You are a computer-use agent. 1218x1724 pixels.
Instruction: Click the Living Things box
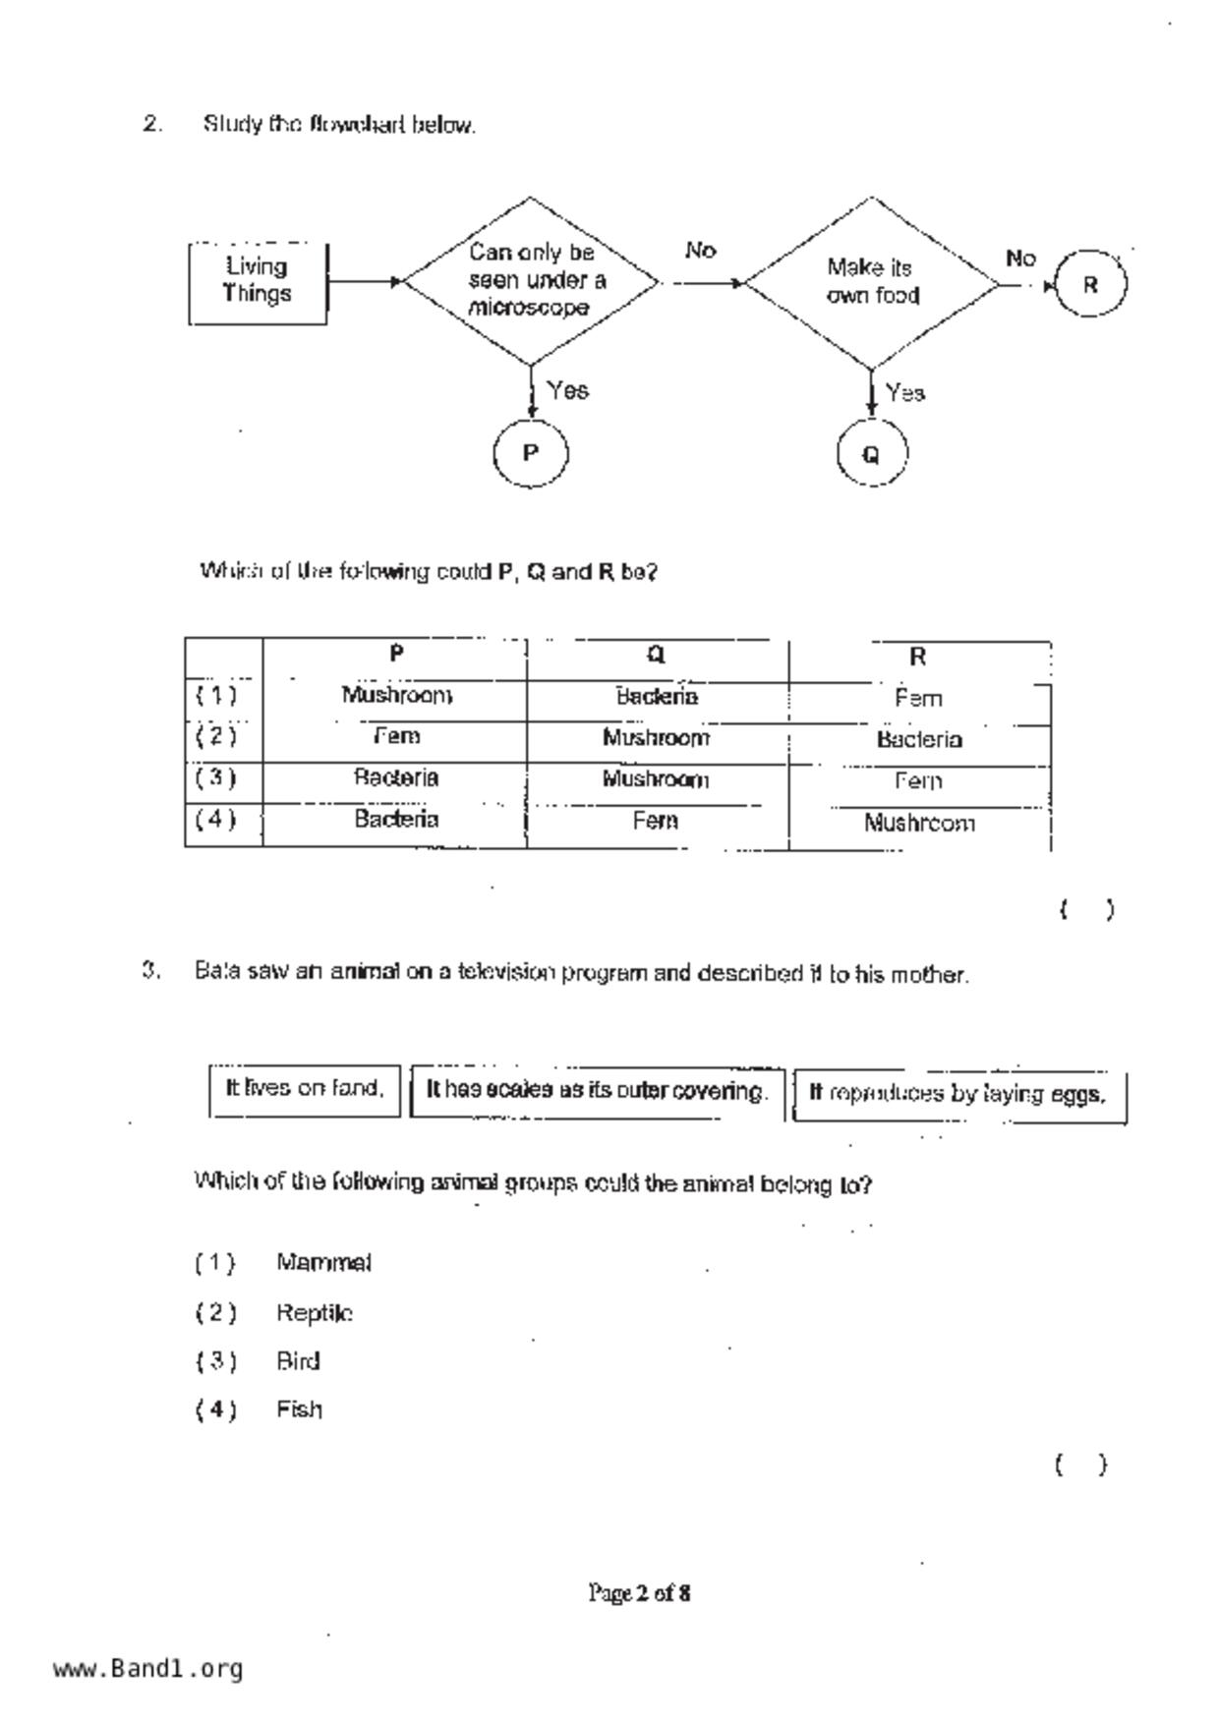(x=258, y=282)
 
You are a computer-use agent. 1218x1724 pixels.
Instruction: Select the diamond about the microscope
(x=531, y=281)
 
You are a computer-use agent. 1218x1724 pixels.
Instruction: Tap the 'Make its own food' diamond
(x=872, y=282)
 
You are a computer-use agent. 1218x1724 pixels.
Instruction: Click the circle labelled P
(x=531, y=453)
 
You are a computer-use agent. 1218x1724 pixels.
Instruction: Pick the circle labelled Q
(x=871, y=454)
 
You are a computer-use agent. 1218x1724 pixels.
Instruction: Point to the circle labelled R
(x=1089, y=285)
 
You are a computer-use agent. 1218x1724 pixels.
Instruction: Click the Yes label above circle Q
(x=904, y=393)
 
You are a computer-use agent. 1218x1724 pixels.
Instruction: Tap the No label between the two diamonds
(x=700, y=252)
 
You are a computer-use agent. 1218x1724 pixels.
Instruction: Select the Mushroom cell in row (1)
(x=396, y=696)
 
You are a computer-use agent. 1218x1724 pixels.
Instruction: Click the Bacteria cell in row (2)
(x=919, y=740)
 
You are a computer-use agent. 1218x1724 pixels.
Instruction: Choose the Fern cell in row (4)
(x=656, y=821)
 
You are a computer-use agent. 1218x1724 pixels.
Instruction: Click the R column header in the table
(x=918, y=657)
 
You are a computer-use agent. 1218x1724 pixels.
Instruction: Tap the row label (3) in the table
(x=215, y=778)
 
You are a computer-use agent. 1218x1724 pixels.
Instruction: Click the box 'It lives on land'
(x=305, y=1089)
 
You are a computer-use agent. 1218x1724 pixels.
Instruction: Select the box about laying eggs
(x=958, y=1094)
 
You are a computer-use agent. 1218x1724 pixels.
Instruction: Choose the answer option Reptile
(x=315, y=1313)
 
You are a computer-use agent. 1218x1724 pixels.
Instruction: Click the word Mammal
(x=323, y=1263)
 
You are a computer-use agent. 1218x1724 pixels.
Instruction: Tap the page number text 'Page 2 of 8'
(x=639, y=1592)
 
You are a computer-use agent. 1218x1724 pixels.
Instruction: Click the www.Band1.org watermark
(x=148, y=1669)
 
